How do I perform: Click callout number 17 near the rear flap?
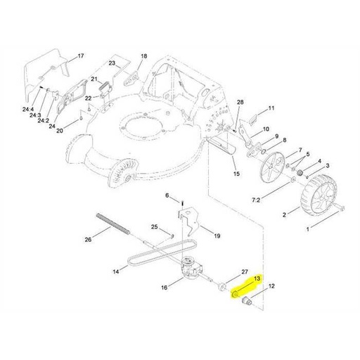tap(80, 55)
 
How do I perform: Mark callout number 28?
tap(240, 103)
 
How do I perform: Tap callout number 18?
tap(144, 56)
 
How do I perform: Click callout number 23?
tap(111, 63)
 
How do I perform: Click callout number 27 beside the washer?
tap(245, 271)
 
